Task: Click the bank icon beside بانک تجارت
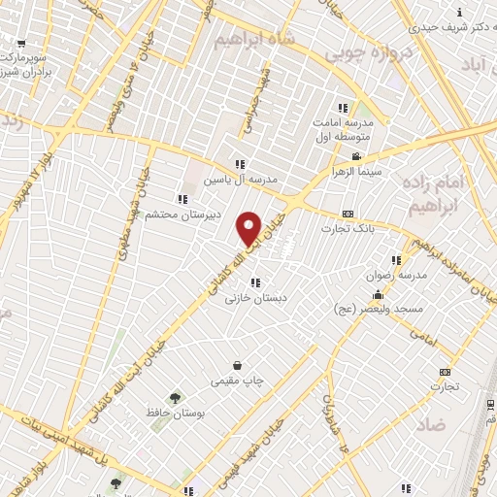click(x=348, y=214)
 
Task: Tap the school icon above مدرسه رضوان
click(x=395, y=260)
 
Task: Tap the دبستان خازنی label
click(x=244, y=298)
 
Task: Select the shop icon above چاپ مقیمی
click(x=237, y=366)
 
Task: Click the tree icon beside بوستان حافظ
click(x=175, y=397)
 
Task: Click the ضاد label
click(x=433, y=425)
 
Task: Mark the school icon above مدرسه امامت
click(x=342, y=108)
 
